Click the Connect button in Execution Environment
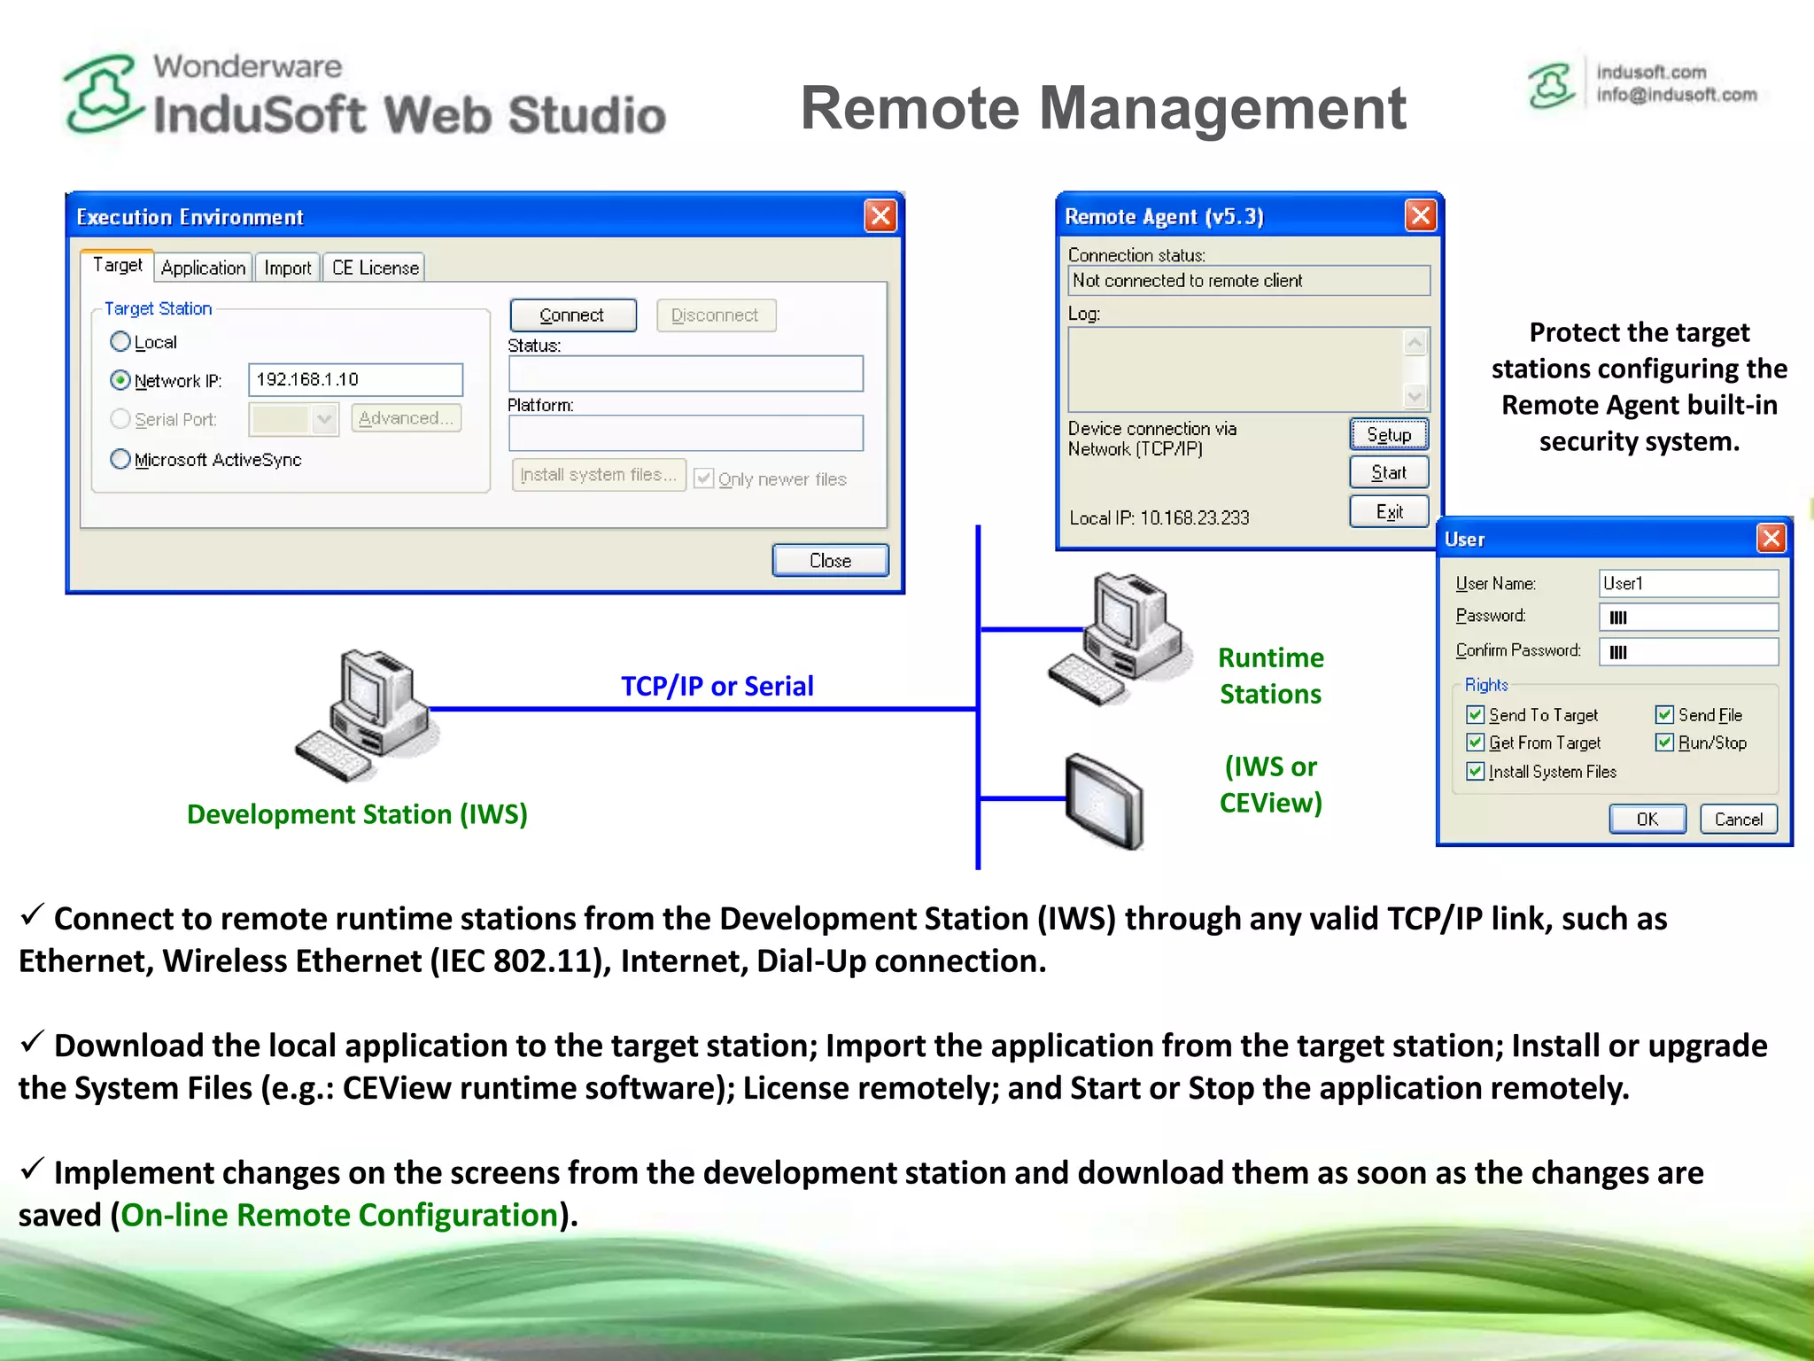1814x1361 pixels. (572, 315)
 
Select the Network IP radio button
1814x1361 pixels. (120, 380)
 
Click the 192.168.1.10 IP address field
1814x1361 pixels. (354, 379)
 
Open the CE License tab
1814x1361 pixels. (375, 268)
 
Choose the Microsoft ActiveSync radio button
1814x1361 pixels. (120, 459)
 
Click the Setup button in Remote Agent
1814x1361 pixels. (1388, 434)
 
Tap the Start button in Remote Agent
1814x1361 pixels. (1388, 472)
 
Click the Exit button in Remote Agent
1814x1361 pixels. (1388, 511)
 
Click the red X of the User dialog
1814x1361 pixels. (1771, 538)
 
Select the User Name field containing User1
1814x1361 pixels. (1687, 583)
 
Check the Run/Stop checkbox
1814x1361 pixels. (1664, 743)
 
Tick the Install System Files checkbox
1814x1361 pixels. (1475, 771)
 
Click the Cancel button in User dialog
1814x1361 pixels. (1738, 819)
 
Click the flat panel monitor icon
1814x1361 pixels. (1104, 800)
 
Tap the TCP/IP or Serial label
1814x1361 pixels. (717, 686)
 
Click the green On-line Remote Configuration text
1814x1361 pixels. (339, 1215)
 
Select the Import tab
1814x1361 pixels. (287, 268)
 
